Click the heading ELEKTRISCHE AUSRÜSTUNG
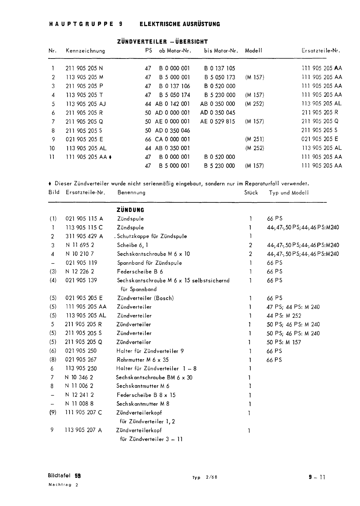tap(180, 24)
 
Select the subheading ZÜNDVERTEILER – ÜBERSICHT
tap(162, 42)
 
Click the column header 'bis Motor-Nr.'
tap(221, 51)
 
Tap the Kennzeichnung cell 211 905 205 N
tap(84, 68)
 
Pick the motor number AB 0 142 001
tap(173, 104)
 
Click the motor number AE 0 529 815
tap(218, 121)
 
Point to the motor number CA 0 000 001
tap(172, 139)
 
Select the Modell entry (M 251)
tap(254, 139)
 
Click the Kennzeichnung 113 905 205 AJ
tap(86, 104)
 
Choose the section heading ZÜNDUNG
tap(130, 210)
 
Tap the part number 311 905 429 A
tap(84, 236)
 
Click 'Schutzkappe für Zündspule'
tap(152, 236)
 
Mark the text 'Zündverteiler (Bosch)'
tap(145, 298)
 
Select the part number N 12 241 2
tap(80, 395)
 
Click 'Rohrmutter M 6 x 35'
tap(143, 360)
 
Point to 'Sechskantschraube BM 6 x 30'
tap(154, 377)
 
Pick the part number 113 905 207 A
tap(84, 430)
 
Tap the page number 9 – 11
tap(317, 477)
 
